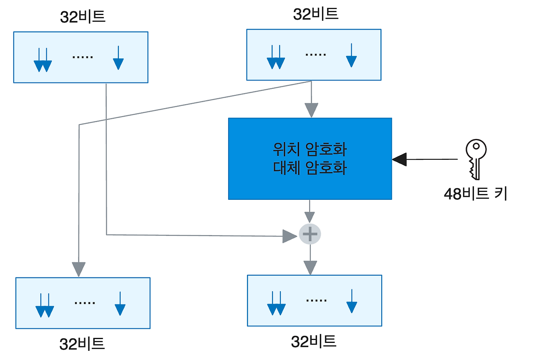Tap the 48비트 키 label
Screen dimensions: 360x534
coord(476,194)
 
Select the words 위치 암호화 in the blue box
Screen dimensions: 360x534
coord(310,149)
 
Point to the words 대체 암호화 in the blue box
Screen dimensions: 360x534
coord(310,168)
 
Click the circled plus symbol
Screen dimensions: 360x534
coord(310,234)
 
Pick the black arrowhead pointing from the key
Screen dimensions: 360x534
coord(400,159)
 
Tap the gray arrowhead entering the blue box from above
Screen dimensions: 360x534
coord(311,111)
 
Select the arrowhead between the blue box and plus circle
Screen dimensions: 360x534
coord(310,217)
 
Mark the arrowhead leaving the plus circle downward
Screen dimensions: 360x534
coord(310,267)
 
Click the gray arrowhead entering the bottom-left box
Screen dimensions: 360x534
coord(78,269)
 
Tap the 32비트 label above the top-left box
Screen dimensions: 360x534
coord(83,16)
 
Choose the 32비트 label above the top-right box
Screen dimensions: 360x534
coord(315,14)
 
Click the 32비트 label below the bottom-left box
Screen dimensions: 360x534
coord(82,344)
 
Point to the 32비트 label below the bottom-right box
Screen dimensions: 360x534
coord(314,342)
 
